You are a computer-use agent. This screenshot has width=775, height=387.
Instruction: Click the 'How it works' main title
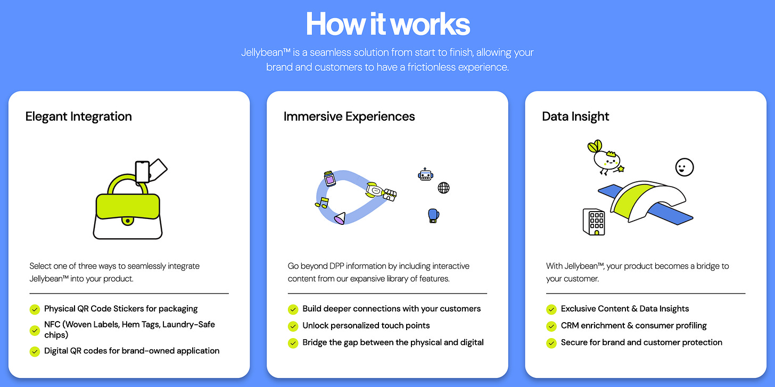click(387, 24)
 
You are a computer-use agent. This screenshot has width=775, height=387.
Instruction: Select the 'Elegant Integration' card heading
click(79, 116)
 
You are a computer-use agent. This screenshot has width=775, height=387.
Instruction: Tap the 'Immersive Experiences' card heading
click(349, 116)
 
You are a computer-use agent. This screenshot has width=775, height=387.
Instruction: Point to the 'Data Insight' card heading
click(575, 116)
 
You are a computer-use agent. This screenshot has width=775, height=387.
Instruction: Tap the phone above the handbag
click(142, 172)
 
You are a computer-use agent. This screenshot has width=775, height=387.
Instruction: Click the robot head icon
click(425, 174)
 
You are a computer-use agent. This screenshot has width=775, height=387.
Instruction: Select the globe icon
click(443, 188)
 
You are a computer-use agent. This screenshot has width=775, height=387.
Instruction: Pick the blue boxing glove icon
click(434, 215)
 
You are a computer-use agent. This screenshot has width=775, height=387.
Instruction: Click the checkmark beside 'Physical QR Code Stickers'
click(35, 309)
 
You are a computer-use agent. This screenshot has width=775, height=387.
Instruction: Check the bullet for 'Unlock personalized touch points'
click(293, 326)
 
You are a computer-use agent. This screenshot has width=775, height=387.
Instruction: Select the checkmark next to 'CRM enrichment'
click(551, 326)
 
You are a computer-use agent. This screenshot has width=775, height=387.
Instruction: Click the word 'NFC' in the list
click(52, 324)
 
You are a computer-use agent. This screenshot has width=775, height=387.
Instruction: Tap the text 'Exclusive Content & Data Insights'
click(625, 309)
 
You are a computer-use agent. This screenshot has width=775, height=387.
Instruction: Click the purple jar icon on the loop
click(330, 179)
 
